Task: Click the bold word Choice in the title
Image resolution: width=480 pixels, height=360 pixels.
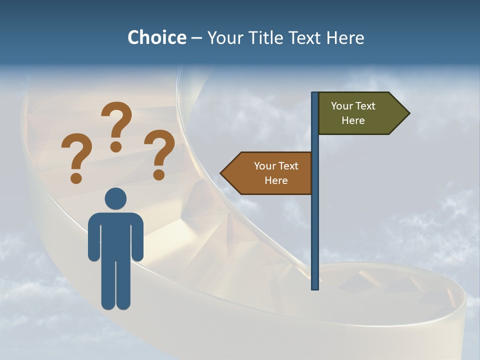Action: click(x=156, y=37)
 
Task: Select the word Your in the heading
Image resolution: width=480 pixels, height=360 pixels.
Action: click(x=225, y=37)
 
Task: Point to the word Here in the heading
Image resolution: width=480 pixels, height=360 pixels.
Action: click(x=345, y=37)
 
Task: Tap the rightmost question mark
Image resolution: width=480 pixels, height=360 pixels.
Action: click(x=159, y=153)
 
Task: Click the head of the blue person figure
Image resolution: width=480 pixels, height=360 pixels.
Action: click(x=115, y=198)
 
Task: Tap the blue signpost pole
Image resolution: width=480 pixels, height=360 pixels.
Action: click(x=315, y=225)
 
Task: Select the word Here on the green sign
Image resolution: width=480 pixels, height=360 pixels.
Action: click(x=353, y=120)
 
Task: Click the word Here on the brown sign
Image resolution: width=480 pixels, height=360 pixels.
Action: click(x=276, y=180)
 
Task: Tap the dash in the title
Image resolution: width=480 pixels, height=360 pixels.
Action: click(x=196, y=38)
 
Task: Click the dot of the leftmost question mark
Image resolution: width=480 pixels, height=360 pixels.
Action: click(x=76, y=177)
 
